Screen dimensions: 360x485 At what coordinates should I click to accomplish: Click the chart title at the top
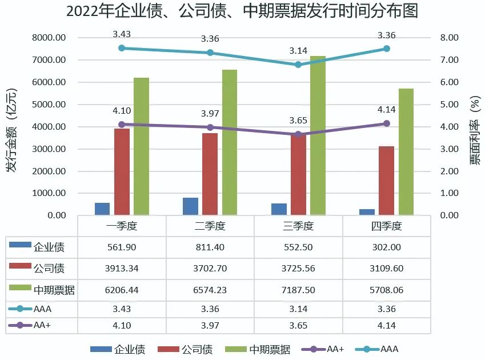(242, 11)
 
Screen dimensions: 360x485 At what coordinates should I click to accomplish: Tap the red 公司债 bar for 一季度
(122, 172)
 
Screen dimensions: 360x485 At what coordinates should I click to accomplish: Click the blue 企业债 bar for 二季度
(190, 206)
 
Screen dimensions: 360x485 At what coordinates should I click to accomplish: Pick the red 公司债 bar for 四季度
(386, 181)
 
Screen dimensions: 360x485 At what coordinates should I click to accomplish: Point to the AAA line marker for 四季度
(387, 49)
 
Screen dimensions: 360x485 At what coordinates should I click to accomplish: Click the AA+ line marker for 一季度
(122, 124)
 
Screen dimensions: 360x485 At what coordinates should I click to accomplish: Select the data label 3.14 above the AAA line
(298, 51)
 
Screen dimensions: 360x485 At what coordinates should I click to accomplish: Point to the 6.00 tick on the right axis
(452, 82)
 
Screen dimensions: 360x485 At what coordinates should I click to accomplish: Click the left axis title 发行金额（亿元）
(11, 130)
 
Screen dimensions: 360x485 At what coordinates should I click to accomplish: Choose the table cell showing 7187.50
(298, 290)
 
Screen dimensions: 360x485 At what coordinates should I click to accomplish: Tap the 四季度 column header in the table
(386, 226)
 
